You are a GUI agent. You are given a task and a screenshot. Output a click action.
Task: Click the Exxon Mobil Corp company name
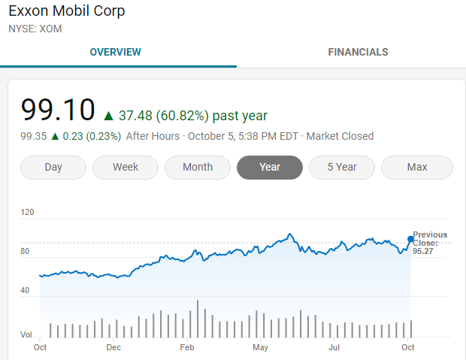coord(67,11)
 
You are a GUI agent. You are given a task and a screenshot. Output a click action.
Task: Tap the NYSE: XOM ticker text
coord(35,29)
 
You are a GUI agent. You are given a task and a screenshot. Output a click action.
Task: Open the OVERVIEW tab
coord(115,53)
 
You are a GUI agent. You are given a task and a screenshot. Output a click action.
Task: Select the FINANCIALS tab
coord(358,53)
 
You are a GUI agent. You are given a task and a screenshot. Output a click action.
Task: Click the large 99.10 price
coord(58,110)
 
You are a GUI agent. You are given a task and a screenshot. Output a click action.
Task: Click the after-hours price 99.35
coord(34,137)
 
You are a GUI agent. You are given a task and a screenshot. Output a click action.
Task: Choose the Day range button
coord(53,168)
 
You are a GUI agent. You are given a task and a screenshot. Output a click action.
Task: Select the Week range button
coord(126,168)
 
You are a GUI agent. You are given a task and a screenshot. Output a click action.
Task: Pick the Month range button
coord(198,168)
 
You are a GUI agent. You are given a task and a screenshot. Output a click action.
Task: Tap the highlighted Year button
coord(270,168)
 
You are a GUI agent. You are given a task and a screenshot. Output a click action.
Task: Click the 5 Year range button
coord(342,168)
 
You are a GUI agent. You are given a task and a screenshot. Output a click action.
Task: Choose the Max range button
coord(417,168)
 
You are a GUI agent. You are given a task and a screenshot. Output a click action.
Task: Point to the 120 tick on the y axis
coord(28,213)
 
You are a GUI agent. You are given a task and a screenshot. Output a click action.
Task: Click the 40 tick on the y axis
coord(26,290)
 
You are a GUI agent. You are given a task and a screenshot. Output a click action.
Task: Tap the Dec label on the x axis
coord(113,347)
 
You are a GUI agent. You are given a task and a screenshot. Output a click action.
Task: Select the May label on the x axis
coord(261,347)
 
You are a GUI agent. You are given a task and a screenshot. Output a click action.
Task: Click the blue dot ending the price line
coord(410,239)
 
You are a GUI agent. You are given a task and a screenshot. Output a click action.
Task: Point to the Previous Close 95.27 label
coord(430,243)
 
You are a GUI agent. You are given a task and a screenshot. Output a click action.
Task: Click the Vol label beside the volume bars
coord(26,333)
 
